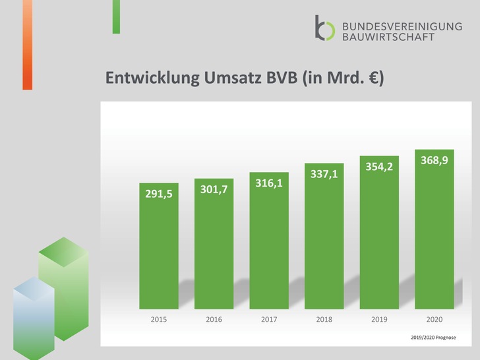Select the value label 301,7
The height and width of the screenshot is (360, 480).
tap(214, 190)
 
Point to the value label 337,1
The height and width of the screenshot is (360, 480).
tap(324, 174)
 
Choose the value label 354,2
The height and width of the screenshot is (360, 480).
tap(379, 167)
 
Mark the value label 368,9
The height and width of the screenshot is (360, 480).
tap(435, 160)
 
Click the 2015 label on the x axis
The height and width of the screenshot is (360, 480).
tap(159, 320)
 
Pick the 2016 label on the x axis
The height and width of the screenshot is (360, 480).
tap(214, 320)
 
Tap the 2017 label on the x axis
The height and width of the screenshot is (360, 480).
tap(269, 320)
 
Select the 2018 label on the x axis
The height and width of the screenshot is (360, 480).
tap(324, 320)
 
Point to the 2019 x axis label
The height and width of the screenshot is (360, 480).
tap(379, 320)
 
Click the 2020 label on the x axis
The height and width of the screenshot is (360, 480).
tap(435, 320)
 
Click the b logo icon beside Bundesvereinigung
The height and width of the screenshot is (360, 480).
tap(325, 28)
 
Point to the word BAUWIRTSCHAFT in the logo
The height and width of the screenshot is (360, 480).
tap(388, 37)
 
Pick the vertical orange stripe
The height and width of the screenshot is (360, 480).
tap(27, 44)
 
